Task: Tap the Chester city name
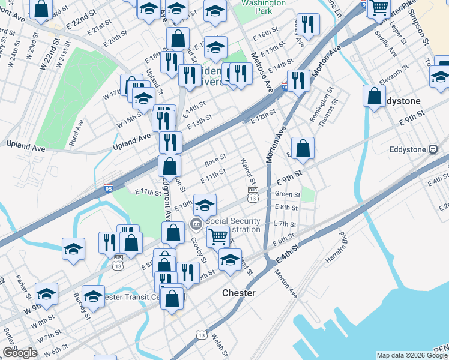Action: point(239,293)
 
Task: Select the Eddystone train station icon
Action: point(432,149)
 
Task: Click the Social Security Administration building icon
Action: point(196,225)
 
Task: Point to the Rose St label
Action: point(214,160)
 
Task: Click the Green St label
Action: point(287,194)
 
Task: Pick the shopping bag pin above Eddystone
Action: point(375,96)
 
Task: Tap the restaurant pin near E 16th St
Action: point(308,24)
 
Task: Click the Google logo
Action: point(20,352)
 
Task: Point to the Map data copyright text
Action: point(412,355)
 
